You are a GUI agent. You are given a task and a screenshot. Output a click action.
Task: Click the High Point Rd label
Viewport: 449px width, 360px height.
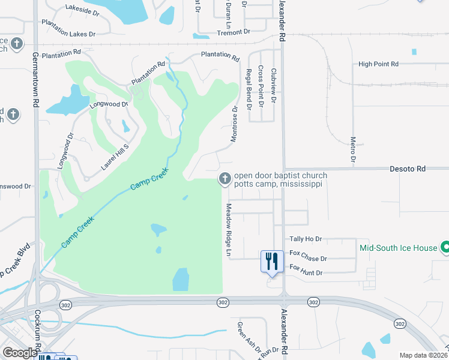[x=378, y=64]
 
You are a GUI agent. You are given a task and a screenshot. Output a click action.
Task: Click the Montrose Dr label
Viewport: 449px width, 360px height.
[x=235, y=124]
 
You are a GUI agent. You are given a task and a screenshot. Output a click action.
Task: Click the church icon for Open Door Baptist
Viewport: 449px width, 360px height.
[x=225, y=178]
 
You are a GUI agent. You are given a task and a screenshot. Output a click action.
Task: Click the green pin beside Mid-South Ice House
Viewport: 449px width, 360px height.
[x=445, y=247]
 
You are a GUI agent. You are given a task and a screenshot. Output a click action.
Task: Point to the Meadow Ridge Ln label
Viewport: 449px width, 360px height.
[x=228, y=231]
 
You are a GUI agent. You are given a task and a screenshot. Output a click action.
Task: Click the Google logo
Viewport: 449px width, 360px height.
[x=20, y=353]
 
